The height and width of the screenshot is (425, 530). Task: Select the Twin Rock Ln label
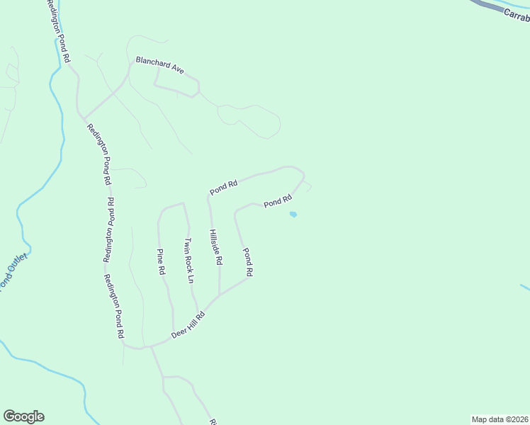click(x=188, y=261)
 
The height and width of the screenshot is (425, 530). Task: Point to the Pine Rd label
click(x=161, y=261)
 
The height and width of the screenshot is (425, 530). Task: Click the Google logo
click(x=23, y=416)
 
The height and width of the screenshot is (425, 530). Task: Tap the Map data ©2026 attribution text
click(x=500, y=419)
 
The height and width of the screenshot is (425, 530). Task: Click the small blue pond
click(x=293, y=215)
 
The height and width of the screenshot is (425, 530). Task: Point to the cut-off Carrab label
click(x=517, y=15)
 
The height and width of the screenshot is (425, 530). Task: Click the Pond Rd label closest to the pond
click(x=278, y=202)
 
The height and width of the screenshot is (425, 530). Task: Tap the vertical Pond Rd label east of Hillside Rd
click(x=247, y=261)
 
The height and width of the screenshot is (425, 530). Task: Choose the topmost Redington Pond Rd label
click(x=60, y=32)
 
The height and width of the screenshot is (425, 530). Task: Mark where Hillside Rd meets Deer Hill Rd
click(x=220, y=295)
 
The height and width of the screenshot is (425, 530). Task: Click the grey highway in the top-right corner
click(x=489, y=7)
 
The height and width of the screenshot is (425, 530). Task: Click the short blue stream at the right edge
click(x=524, y=287)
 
